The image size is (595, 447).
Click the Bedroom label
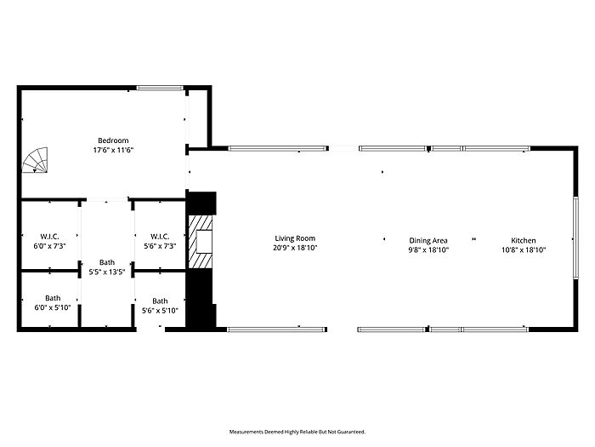coord(113,140)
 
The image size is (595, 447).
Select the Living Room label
coord(295,238)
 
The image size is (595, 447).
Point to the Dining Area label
coord(428,240)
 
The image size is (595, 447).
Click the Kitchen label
coord(524,240)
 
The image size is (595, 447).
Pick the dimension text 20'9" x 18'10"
coord(295,248)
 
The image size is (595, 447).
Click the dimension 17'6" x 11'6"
coord(113,150)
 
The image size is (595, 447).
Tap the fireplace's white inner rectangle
coord(204,241)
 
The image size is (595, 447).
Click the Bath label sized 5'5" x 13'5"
coord(107,262)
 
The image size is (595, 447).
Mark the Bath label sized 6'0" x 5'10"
coord(53,298)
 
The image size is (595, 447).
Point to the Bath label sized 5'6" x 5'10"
coord(160,301)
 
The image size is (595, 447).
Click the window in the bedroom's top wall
coord(160,89)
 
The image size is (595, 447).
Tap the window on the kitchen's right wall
coord(575,238)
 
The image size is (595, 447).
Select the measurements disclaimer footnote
coord(297,432)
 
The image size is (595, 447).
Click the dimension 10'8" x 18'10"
coord(524,249)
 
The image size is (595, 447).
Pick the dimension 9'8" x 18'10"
coord(428,249)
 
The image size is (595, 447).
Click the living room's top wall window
coord(277,148)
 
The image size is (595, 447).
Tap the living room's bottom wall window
coord(276,330)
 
